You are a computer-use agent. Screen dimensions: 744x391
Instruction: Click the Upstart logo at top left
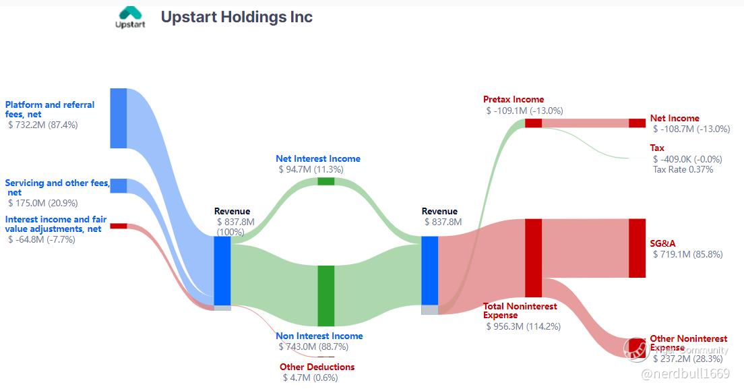130,18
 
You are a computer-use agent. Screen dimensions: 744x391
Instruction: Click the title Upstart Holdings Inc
237,17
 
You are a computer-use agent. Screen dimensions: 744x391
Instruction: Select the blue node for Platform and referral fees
119,118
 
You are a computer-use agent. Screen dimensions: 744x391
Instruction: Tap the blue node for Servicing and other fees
119,186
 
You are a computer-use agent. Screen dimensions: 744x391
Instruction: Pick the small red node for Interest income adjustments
119,226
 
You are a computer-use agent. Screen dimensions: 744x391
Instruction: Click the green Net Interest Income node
326,181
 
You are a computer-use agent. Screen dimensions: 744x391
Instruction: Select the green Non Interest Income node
326,296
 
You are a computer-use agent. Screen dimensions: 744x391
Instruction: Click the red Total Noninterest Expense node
533,258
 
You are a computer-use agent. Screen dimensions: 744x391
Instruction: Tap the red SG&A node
638,248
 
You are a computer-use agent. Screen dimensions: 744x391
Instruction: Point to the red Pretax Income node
533,123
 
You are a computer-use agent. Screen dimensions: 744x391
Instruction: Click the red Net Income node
638,123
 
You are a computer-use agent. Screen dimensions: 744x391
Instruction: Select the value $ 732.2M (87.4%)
43,125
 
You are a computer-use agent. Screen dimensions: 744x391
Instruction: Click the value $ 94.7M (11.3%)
311,169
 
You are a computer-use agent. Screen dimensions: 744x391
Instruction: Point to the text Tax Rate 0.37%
683,169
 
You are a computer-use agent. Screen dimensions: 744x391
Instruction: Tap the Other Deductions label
317,367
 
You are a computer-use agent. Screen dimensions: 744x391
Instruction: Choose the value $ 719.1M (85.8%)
688,254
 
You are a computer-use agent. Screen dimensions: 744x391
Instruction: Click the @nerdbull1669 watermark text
685,374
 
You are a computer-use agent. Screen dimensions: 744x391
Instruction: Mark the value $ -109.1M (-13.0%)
525,111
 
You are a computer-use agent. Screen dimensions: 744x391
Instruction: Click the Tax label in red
657,148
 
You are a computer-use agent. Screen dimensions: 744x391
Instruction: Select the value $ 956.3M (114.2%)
524,326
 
